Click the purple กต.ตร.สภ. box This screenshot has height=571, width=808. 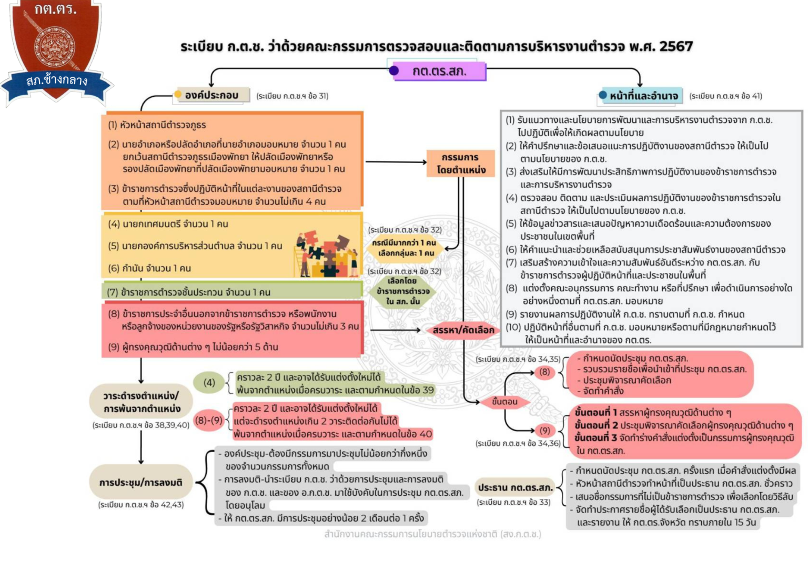point(439,71)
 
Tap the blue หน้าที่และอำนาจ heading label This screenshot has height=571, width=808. point(643,96)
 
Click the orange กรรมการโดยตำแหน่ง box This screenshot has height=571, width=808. point(461,163)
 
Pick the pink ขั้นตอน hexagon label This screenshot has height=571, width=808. point(504,402)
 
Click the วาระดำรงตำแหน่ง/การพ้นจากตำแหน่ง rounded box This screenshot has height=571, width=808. point(141,402)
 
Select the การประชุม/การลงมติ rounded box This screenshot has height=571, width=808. point(141,482)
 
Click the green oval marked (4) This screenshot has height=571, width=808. point(209,383)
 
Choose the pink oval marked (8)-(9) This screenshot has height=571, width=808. point(209,420)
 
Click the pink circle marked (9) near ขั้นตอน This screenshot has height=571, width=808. point(545,431)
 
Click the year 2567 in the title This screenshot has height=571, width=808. point(675,46)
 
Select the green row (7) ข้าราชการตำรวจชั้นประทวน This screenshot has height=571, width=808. point(231,292)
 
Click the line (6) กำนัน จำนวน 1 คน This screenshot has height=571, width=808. point(149,268)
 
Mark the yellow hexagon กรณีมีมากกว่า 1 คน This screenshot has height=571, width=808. point(404,248)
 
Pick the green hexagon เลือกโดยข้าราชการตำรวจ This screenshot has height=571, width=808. point(403,291)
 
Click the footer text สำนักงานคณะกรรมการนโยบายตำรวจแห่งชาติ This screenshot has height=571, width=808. point(432,534)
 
